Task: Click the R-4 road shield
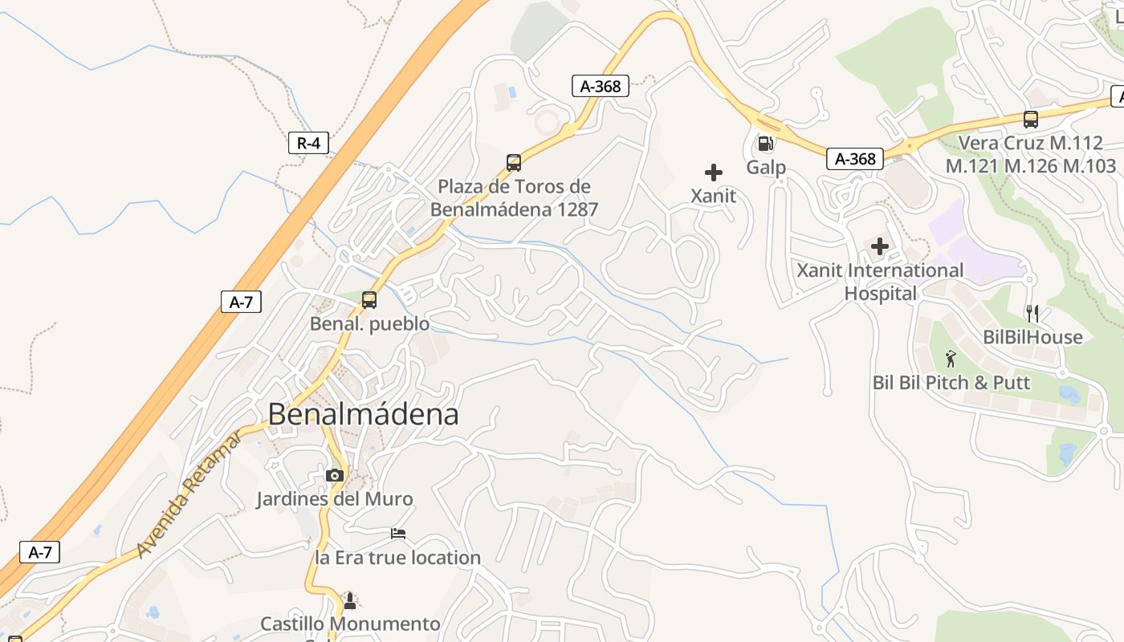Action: click(x=308, y=144)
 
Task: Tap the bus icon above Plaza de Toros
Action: click(x=514, y=163)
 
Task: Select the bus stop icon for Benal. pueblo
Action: click(x=369, y=300)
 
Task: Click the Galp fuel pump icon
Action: click(x=765, y=144)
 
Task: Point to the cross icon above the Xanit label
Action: click(x=713, y=173)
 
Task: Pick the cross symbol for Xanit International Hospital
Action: click(x=880, y=246)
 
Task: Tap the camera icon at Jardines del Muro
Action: click(x=335, y=475)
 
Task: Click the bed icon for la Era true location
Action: click(x=398, y=534)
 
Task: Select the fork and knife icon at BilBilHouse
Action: click(x=1032, y=314)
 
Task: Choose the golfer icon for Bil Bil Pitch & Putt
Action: click(x=951, y=359)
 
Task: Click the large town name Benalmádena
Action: click(x=363, y=414)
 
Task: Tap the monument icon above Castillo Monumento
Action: click(x=349, y=600)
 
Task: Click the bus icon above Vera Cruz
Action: click(x=1031, y=120)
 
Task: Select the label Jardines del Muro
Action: click(x=335, y=499)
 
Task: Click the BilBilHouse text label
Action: click(x=1032, y=337)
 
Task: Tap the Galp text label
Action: click(x=766, y=168)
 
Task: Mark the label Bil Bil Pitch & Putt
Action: click(x=951, y=383)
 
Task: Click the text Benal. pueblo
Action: click(x=369, y=324)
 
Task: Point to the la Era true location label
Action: click(x=398, y=558)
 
